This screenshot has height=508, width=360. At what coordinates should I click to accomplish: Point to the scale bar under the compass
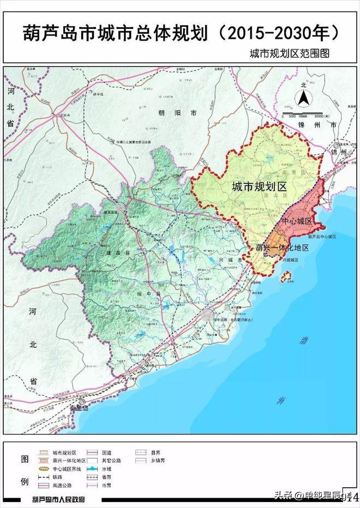(x=305, y=116)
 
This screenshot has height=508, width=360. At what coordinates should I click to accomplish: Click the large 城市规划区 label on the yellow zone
(x=259, y=187)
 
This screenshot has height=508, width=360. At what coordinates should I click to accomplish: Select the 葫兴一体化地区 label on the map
(x=282, y=248)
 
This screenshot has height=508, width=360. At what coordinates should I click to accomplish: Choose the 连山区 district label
(x=279, y=195)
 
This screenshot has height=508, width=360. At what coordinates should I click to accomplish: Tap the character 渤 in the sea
(x=303, y=343)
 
